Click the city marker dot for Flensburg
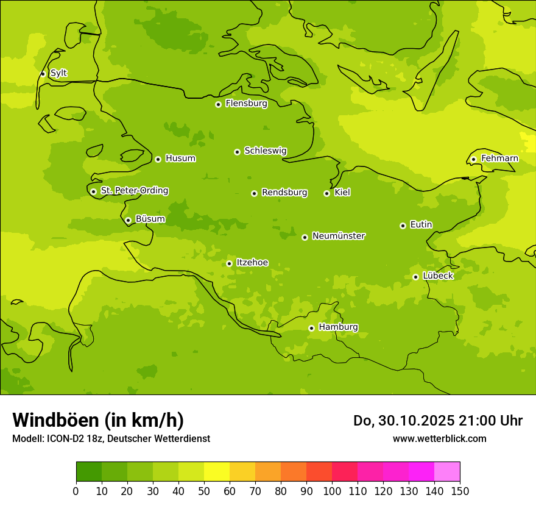pyautogui.click(x=218, y=104)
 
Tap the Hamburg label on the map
pyautogui.click(x=338, y=327)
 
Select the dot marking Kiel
pyautogui.click(x=326, y=193)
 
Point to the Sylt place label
pyautogui.click(x=58, y=73)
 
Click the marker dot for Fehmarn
pyautogui.click(x=473, y=159)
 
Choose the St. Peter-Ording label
pyautogui.click(x=134, y=190)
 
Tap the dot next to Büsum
pyautogui.click(x=128, y=220)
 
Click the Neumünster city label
pyautogui.click(x=338, y=236)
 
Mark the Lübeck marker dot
pyautogui.click(x=415, y=277)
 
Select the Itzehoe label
pyautogui.click(x=252, y=263)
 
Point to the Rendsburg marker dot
pyautogui.click(x=254, y=193)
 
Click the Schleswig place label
pyautogui.click(x=265, y=151)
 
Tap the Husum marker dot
pyautogui.click(x=158, y=159)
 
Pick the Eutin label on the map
pyautogui.click(x=421, y=224)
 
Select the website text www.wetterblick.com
pyautogui.click(x=439, y=438)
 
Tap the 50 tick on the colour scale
pyautogui.click(x=204, y=490)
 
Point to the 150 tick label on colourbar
pyautogui.click(x=460, y=490)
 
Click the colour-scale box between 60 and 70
pyautogui.click(x=242, y=472)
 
